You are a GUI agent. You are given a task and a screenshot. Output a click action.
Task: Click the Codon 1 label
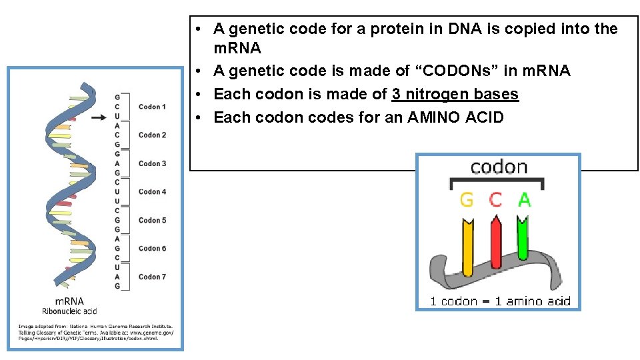pyautogui.click(x=152, y=107)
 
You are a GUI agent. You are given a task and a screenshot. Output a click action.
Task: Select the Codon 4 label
pyautogui.click(x=152, y=192)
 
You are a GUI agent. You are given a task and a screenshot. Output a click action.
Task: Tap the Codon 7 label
pyautogui.click(x=152, y=277)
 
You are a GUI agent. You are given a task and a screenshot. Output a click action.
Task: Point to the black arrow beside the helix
pyautogui.click(x=98, y=117)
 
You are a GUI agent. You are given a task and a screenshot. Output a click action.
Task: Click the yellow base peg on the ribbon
pyautogui.click(x=467, y=247)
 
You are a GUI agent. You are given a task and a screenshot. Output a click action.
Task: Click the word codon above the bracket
pyautogui.click(x=499, y=167)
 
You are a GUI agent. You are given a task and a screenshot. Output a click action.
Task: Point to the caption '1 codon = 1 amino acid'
pyautogui.click(x=500, y=301)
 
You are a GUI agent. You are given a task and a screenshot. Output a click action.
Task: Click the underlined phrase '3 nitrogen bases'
pyautogui.click(x=455, y=94)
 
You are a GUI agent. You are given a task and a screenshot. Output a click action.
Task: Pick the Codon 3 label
pyautogui.click(x=152, y=163)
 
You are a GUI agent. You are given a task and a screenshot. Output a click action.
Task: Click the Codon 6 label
pyautogui.click(x=152, y=249)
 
